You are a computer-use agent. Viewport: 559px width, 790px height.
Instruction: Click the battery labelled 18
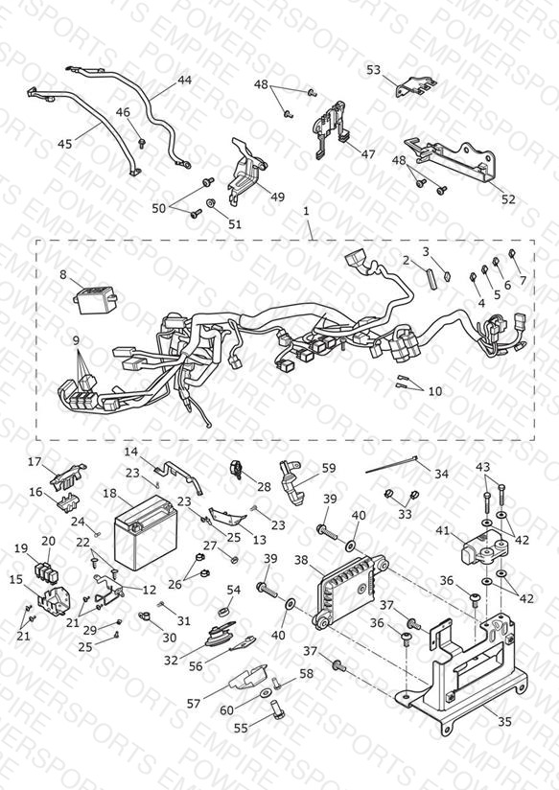click(145, 531)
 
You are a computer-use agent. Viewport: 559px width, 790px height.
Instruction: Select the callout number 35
click(504, 722)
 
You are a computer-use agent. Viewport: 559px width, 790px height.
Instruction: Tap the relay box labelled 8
click(95, 299)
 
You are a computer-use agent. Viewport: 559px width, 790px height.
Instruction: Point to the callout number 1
click(306, 212)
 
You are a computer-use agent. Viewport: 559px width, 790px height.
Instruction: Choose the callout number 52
click(508, 199)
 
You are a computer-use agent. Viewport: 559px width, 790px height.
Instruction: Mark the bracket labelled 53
click(416, 86)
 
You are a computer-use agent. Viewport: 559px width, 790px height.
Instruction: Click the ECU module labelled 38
click(351, 591)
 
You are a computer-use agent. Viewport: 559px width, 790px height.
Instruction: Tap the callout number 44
click(184, 81)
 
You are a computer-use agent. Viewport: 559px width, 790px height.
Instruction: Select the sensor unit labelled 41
click(483, 550)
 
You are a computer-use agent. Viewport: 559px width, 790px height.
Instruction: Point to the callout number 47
click(368, 153)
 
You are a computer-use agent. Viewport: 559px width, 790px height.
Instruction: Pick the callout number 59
click(329, 468)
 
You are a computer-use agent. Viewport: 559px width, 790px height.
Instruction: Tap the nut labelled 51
click(211, 203)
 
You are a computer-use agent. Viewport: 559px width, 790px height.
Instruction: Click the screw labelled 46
click(142, 143)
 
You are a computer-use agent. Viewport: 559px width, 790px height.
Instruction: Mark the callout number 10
click(435, 391)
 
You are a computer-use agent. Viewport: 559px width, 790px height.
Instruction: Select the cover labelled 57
click(247, 677)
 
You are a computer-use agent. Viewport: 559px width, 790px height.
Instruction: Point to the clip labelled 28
click(236, 469)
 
